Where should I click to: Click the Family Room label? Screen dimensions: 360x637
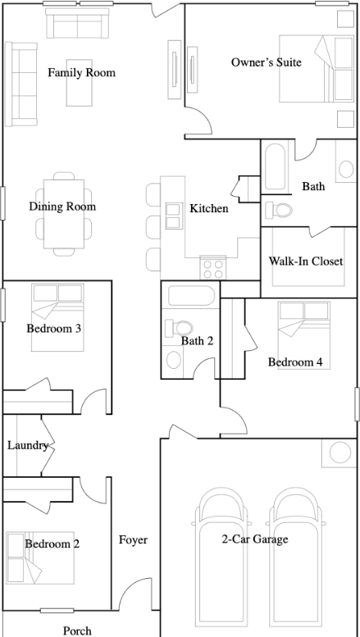click(81, 73)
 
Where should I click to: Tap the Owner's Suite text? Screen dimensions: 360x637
click(267, 62)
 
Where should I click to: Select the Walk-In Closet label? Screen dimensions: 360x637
click(306, 262)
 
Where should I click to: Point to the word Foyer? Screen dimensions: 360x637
click(133, 540)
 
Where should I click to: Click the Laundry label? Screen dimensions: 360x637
click(28, 446)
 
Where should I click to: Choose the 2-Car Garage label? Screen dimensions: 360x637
click(255, 539)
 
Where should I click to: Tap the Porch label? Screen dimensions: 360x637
click(77, 631)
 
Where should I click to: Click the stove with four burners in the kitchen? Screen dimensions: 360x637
click(213, 268)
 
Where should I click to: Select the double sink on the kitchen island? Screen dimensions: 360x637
click(173, 216)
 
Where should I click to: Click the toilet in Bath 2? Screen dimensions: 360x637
click(179, 327)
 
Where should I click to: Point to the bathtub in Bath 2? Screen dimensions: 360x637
click(191, 296)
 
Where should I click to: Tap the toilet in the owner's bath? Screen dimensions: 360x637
click(279, 210)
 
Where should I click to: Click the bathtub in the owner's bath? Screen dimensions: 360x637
click(276, 166)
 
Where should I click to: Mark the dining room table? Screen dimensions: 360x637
click(64, 214)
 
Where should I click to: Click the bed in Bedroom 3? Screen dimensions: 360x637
click(57, 317)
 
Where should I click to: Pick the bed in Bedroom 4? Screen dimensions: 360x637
click(304, 335)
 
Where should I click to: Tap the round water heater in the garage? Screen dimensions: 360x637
click(340, 453)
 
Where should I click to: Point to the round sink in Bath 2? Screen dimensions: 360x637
click(174, 360)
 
